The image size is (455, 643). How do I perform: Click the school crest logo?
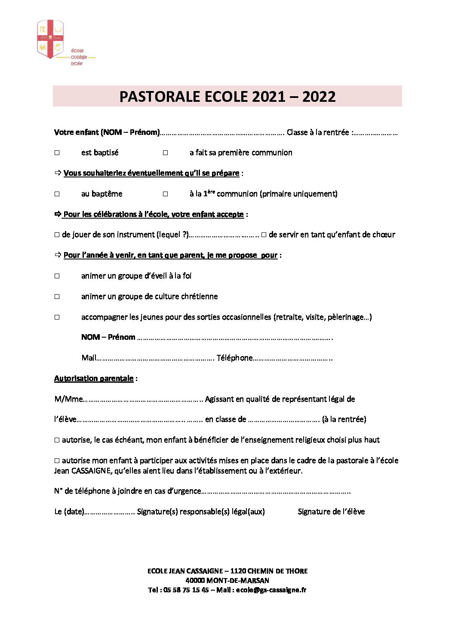point(50,39)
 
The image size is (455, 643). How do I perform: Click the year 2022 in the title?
point(319,97)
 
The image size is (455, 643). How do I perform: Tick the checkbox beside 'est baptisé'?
point(57,153)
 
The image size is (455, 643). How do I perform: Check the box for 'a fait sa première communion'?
point(165,153)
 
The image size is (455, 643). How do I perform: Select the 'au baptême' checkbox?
point(57,194)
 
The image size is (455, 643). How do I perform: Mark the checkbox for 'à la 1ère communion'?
point(165,194)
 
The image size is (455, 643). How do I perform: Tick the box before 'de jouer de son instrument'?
point(57,235)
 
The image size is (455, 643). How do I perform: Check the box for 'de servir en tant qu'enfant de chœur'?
point(264,235)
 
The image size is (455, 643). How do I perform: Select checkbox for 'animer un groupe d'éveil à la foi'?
point(57,276)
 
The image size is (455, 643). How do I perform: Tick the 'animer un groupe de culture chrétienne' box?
point(57,297)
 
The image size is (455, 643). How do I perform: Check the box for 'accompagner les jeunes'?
point(57,317)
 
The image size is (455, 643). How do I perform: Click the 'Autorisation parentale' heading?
point(94,378)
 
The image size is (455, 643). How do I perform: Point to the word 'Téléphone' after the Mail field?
point(234,358)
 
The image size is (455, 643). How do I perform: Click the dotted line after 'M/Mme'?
point(142,399)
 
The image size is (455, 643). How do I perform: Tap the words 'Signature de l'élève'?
point(331,512)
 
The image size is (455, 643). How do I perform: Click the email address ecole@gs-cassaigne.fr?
point(271,590)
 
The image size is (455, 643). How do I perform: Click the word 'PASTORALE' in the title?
point(160,97)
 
